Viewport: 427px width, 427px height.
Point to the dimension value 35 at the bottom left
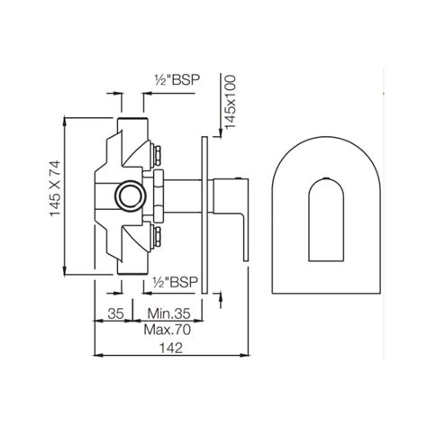(114, 314)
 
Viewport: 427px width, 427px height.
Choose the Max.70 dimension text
(163, 331)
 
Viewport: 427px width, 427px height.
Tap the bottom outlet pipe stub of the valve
(132, 264)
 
